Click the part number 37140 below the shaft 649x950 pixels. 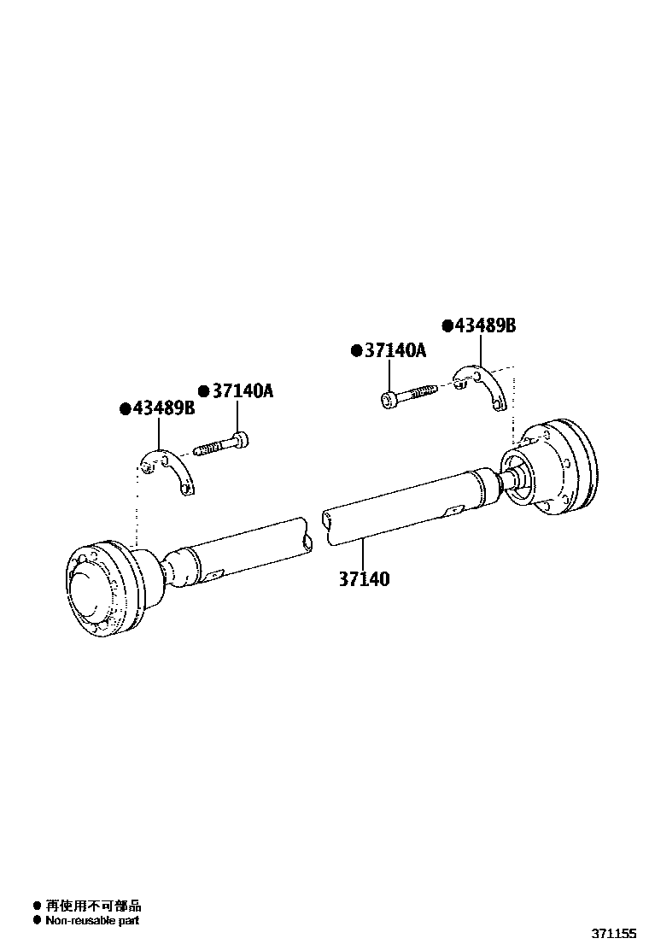[x=364, y=578]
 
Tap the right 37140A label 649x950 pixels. [x=395, y=350]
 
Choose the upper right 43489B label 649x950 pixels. [x=485, y=325]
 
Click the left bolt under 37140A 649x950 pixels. [x=221, y=444]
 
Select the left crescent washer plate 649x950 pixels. [x=167, y=469]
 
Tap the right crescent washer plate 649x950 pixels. [x=482, y=386]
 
